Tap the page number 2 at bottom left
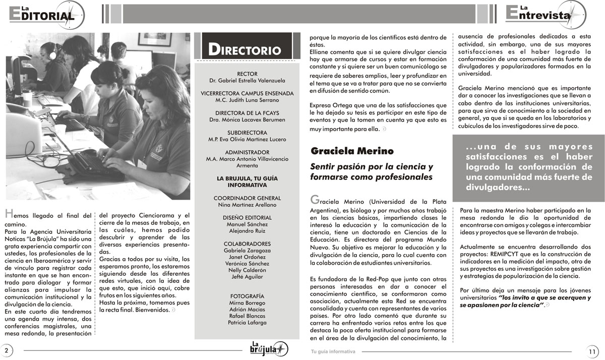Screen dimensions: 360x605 click(7, 350)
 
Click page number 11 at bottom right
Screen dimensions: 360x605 click(592, 351)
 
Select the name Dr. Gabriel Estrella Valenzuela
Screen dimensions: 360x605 click(247, 81)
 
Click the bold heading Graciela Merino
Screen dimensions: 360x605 click(352, 151)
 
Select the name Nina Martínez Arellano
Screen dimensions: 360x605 click(247, 205)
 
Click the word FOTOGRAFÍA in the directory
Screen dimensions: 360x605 click(247, 295)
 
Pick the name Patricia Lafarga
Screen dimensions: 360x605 click(247, 322)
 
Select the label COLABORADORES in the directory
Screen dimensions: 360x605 click(247, 244)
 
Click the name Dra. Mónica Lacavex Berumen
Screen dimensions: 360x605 click(247, 119)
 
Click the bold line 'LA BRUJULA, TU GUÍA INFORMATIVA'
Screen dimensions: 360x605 click(247, 182)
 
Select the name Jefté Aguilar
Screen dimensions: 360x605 click(247, 276)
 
